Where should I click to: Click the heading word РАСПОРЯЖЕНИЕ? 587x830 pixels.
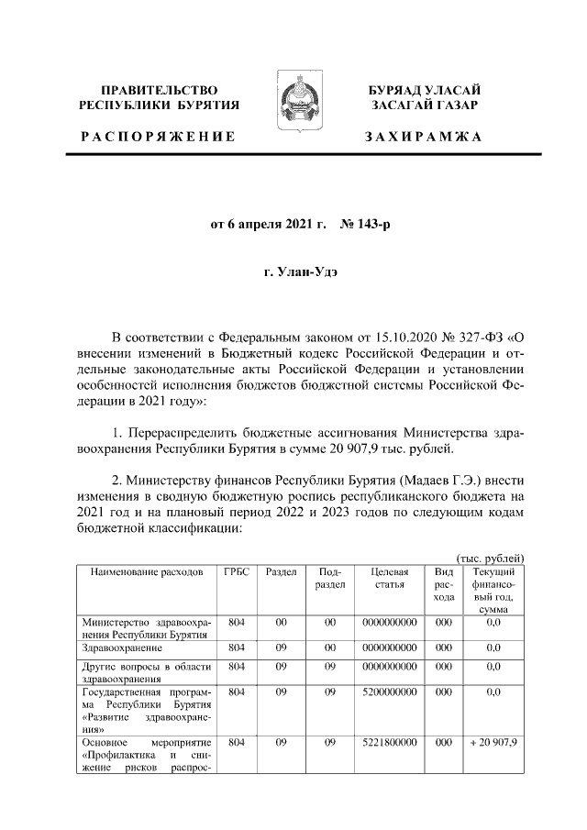(158, 137)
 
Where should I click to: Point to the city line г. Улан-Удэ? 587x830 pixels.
(294, 273)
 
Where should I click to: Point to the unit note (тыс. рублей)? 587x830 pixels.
(490, 558)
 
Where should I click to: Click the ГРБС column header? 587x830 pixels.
(237, 571)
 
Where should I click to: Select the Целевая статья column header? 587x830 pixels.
(389, 578)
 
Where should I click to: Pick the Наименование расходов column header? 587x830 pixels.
(146, 571)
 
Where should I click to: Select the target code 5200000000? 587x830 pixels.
(389, 692)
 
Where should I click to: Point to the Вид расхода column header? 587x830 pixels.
(444, 584)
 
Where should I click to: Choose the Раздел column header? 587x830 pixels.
(281, 571)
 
